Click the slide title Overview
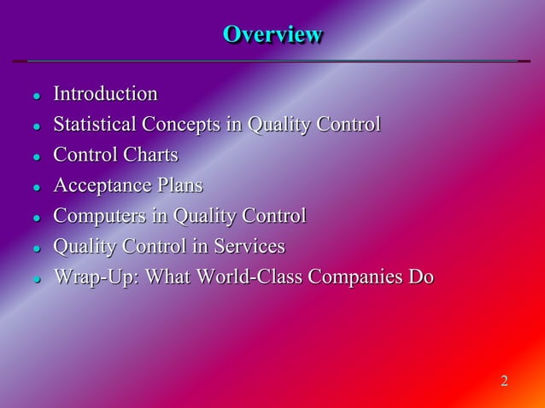click(x=272, y=35)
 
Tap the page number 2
click(x=504, y=381)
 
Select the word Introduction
click(x=105, y=94)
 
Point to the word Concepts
click(x=180, y=125)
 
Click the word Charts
click(x=150, y=155)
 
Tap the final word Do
click(x=421, y=278)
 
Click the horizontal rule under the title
click(x=272, y=61)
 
